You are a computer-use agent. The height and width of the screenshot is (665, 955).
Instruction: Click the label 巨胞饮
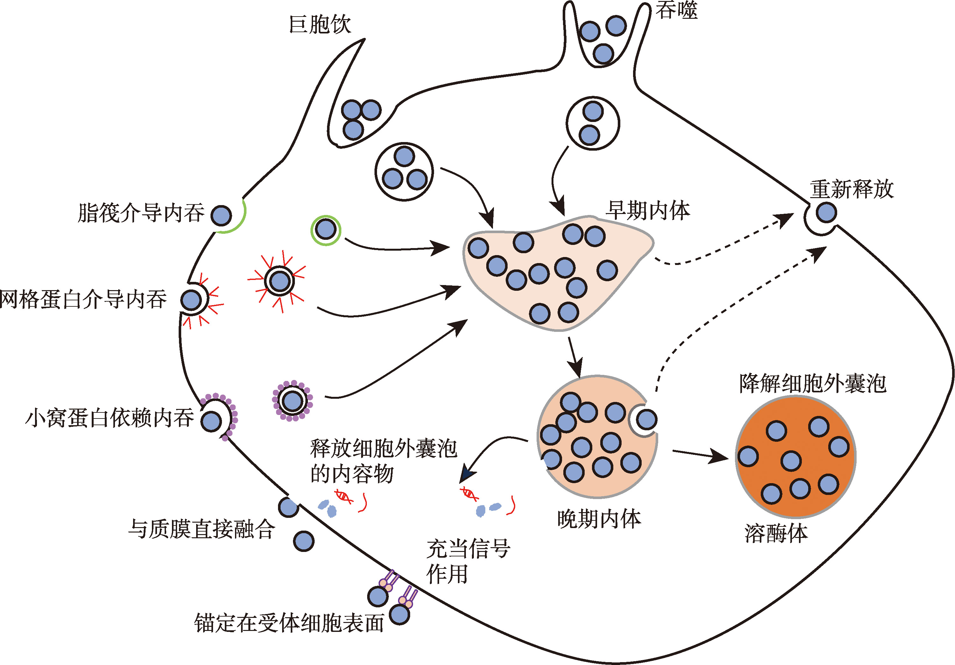tap(319, 25)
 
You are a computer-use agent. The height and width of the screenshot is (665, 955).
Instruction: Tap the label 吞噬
tap(676, 11)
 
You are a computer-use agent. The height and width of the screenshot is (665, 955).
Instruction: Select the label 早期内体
tap(648, 211)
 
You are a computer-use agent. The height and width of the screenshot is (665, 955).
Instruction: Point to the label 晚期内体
tap(599, 519)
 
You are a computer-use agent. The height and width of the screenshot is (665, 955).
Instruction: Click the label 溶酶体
tap(776, 533)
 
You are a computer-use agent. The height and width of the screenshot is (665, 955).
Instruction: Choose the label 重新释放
tap(852, 189)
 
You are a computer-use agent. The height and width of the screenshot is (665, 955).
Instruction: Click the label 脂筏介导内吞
tap(141, 213)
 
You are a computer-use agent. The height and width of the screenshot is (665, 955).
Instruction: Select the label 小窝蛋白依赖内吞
tap(110, 418)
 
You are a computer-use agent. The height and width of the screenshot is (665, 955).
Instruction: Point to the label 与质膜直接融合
tap(201, 529)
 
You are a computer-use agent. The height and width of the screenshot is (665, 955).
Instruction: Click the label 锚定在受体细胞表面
tap(289, 623)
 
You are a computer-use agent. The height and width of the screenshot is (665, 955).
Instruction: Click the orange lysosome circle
tap(795, 457)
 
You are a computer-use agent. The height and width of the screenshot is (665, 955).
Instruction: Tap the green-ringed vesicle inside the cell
tap(326, 230)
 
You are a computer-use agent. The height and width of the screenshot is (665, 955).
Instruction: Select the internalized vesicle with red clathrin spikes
tap(280, 282)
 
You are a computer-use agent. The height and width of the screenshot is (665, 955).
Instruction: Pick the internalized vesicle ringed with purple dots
tap(292, 401)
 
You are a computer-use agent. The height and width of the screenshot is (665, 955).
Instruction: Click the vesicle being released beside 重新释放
tap(826, 212)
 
